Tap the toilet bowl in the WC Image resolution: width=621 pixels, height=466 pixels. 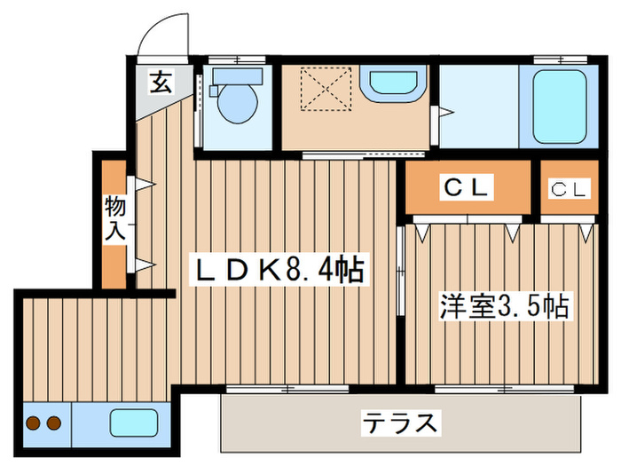pyautogui.click(x=235, y=100)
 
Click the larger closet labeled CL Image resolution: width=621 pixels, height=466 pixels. pyautogui.click(x=468, y=187)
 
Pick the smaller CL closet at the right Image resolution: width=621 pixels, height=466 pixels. pyautogui.click(x=569, y=188)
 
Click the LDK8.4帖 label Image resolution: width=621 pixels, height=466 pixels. pyautogui.click(x=280, y=270)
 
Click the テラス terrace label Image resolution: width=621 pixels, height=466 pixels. pyautogui.click(x=398, y=423)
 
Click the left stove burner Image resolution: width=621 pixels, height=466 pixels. pyautogui.click(x=35, y=423)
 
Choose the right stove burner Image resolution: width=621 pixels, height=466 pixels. pyautogui.click(x=54, y=423)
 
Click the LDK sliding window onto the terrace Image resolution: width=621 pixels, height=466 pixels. pyautogui.click(x=288, y=389)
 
